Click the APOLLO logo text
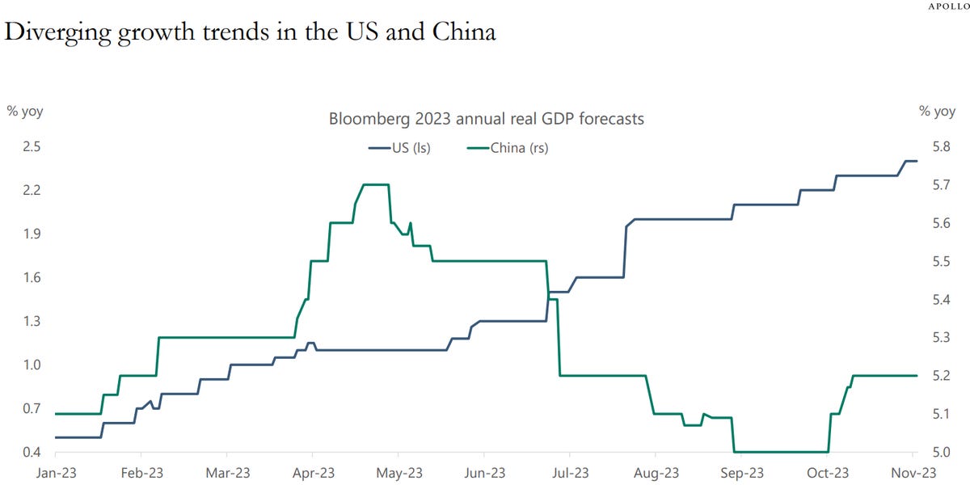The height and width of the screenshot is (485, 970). point(948,6)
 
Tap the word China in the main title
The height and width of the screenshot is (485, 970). point(463,32)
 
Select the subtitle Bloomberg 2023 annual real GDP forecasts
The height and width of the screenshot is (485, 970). point(486,119)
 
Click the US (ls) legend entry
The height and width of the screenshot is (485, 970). point(399,148)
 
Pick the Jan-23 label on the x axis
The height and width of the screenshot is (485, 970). point(57,472)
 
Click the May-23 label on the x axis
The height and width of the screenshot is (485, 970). point(399,472)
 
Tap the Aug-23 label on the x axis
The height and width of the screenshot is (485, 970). point(656,472)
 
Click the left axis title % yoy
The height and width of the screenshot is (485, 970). point(25,112)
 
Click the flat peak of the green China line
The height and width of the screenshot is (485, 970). point(376,184)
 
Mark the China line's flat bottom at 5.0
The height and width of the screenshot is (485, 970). point(780,452)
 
